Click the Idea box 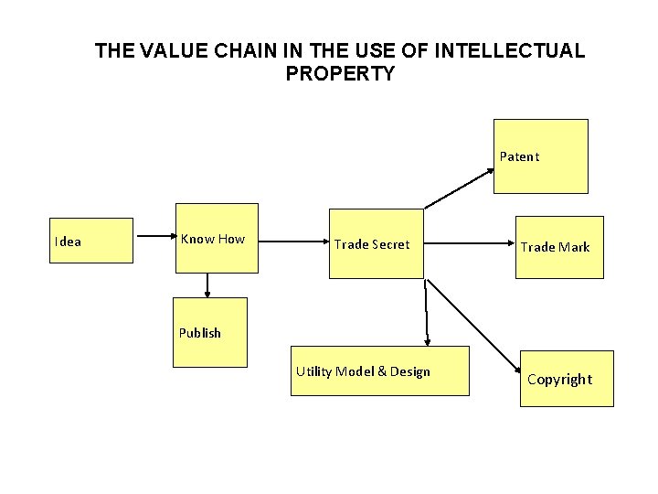pos(92,241)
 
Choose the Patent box pos(540,156)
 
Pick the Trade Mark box pos(558,246)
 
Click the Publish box pos(209,332)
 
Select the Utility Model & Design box pos(379,370)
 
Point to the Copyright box pos(566,378)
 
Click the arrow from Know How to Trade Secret pos(290,242)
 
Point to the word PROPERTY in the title pos(340,74)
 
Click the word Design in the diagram pos(409,371)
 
